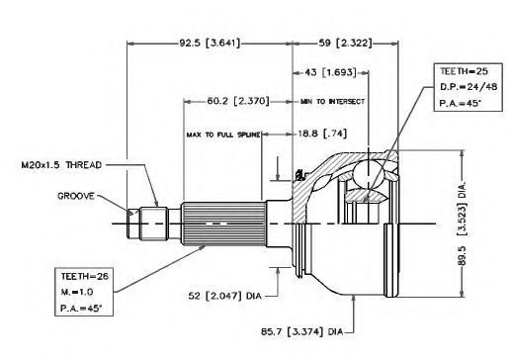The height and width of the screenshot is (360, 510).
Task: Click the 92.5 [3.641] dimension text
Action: (x=210, y=43)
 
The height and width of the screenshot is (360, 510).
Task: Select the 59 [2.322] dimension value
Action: (x=345, y=43)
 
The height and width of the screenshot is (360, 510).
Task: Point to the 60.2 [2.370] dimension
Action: (x=238, y=101)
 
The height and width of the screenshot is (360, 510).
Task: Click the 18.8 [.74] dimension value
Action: (x=322, y=134)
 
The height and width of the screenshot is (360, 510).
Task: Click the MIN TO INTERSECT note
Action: (x=332, y=102)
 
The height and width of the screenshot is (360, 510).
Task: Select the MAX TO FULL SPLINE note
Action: (x=223, y=135)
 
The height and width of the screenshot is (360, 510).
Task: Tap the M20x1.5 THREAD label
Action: (x=61, y=165)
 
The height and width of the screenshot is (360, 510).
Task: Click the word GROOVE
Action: (x=76, y=196)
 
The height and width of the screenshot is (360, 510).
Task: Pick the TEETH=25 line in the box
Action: (x=464, y=71)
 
